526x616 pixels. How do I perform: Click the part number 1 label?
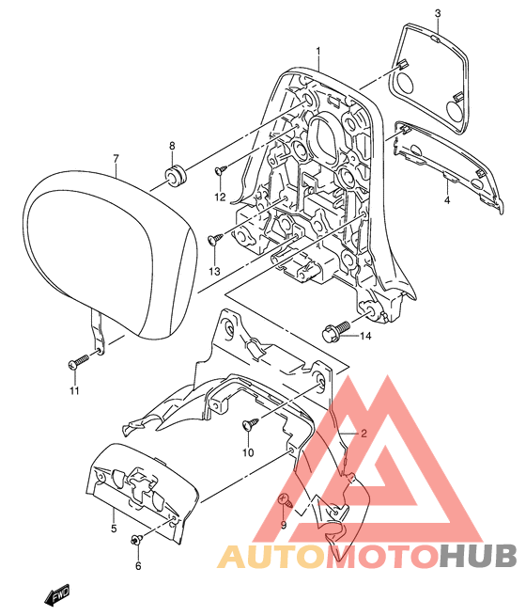(x=318, y=52)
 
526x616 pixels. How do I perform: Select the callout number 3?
(x=438, y=13)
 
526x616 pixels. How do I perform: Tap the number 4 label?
(x=447, y=200)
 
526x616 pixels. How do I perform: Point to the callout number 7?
(x=116, y=159)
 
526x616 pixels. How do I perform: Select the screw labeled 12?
(x=221, y=169)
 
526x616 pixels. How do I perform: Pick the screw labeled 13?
(x=217, y=238)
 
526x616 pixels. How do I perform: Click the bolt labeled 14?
(x=335, y=331)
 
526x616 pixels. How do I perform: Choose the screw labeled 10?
(x=250, y=422)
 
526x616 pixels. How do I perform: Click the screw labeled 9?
(x=286, y=500)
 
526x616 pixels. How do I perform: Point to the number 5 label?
(x=114, y=529)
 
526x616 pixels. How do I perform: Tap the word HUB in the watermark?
(x=477, y=557)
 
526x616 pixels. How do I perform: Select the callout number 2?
(x=364, y=434)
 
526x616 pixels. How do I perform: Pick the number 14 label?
(x=365, y=336)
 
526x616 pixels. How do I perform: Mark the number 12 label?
(x=220, y=197)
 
